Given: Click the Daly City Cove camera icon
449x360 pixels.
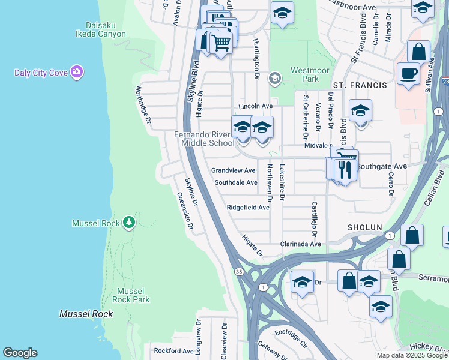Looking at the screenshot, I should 76,73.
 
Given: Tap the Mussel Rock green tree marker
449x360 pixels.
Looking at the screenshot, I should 128,223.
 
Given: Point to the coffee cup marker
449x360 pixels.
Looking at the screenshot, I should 408,73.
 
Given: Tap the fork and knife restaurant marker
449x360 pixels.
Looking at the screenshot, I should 345,170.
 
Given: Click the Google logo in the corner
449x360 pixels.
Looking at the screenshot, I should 20,353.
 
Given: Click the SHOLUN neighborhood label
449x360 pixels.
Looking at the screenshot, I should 364,227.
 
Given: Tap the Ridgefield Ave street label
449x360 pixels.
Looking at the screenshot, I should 248,208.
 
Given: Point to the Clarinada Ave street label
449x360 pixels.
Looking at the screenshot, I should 301,244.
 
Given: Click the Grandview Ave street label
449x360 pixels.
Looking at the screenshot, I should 234,170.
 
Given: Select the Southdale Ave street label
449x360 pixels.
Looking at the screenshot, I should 235,182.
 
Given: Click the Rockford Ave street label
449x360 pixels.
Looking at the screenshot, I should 173,350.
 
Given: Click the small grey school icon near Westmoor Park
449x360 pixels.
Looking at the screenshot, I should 275,77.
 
